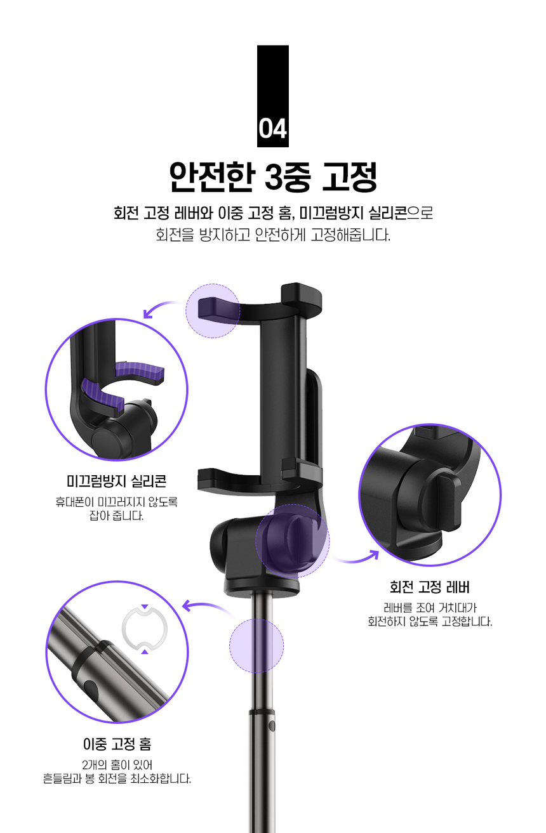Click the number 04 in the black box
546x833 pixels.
[273, 129]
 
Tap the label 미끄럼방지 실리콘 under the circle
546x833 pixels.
[116, 481]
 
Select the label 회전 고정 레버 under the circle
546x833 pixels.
[430, 587]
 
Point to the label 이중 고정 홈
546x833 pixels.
[117, 744]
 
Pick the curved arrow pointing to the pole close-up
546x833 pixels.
[206, 606]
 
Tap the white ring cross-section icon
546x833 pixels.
[144, 629]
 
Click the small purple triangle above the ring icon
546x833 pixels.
[145, 607]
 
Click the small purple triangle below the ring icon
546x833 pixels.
[145, 651]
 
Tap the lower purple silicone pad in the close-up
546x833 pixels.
[102, 395]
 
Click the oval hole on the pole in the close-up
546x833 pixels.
[91, 688]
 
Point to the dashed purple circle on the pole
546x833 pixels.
[256, 645]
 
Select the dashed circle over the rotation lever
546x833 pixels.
[293, 541]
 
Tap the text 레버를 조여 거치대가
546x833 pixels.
[430, 608]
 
